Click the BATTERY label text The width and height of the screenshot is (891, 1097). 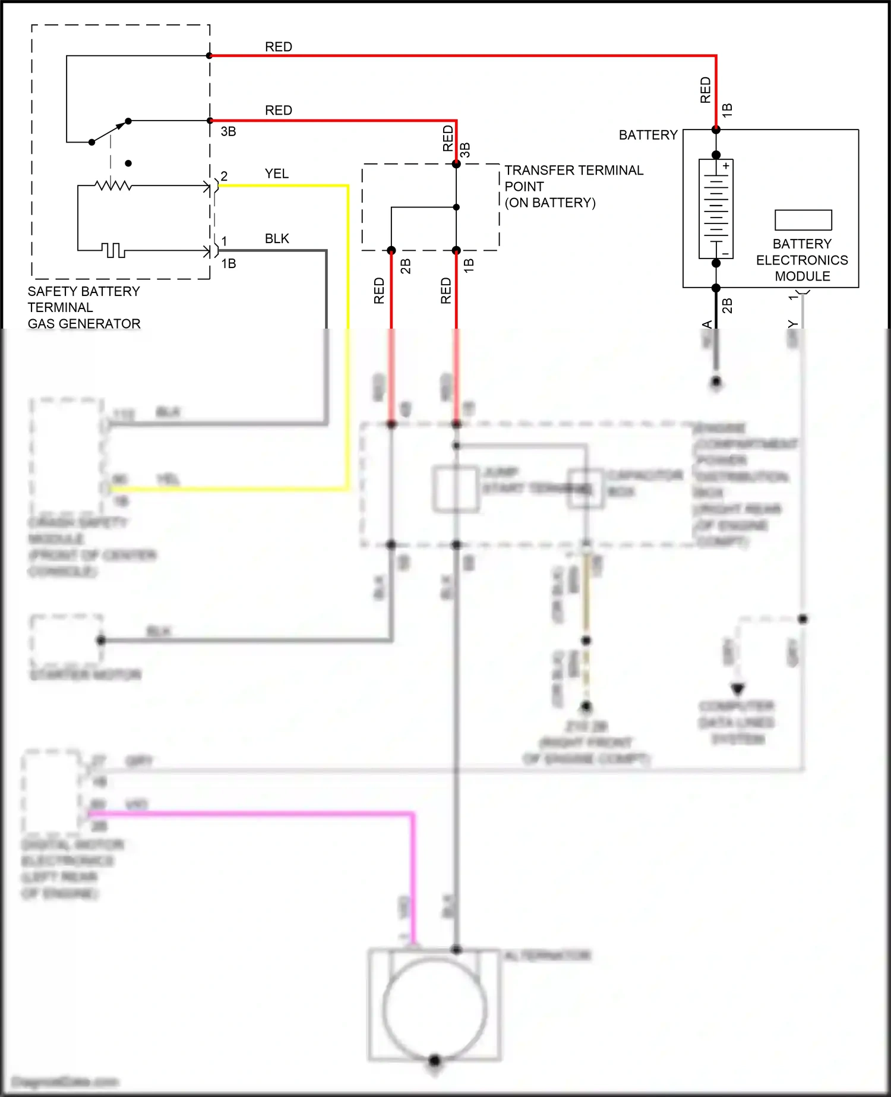click(x=647, y=135)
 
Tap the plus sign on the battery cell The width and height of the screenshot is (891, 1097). click(x=726, y=166)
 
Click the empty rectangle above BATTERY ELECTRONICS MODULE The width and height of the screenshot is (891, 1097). click(x=803, y=220)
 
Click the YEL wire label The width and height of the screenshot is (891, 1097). click(x=276, y=174)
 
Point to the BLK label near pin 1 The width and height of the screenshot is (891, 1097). click(x=276, y=238)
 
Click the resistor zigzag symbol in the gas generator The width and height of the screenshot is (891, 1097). click(x=113, y=186)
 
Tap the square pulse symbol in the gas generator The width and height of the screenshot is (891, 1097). click(x=113, y=250)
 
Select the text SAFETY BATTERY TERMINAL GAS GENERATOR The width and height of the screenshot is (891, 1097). click(x=84, y=307)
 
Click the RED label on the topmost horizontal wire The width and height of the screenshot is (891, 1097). click(x=278, y=46)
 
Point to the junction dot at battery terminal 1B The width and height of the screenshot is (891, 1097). click(x=716, y=130)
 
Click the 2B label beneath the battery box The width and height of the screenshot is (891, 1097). click(x=727, y=305)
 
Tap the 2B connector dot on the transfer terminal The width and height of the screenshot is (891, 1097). click(x=391, y=250)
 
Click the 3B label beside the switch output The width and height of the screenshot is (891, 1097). click(x=228, y=131)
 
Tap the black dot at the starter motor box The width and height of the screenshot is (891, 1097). click(x=101, y=640)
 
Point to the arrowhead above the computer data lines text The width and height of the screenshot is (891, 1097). click(x=738, y=689)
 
